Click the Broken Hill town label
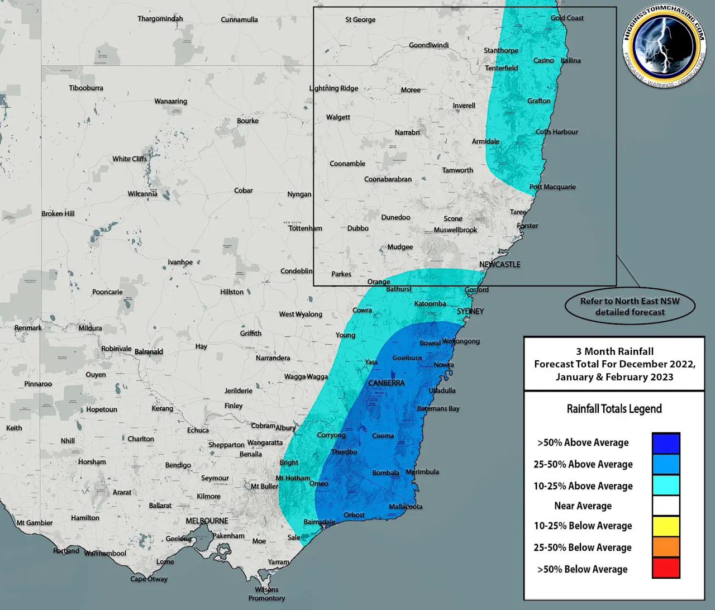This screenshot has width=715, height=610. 58,213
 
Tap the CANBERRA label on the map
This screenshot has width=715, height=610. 386,383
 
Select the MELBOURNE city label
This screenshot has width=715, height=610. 207,521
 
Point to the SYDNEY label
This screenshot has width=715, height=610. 470,311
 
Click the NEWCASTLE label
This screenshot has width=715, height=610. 499,264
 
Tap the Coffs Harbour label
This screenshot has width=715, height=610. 557,132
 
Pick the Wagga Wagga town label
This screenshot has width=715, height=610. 306,377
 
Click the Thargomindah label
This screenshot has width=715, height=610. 160,18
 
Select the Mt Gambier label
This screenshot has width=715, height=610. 35,523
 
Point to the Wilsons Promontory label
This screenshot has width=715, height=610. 266,594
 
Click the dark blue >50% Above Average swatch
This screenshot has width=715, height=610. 666,443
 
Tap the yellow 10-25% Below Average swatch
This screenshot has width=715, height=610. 666,526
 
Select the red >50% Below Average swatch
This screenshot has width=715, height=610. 666,568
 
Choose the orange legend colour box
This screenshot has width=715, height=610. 666,547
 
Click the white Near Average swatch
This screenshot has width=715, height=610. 666,506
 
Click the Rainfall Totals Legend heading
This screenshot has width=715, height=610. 614,409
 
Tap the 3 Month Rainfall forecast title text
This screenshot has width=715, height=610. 614,364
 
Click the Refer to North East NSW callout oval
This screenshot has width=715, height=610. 630,306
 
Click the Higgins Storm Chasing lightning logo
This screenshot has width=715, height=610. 664,46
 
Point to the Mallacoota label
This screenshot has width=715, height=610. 406,507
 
